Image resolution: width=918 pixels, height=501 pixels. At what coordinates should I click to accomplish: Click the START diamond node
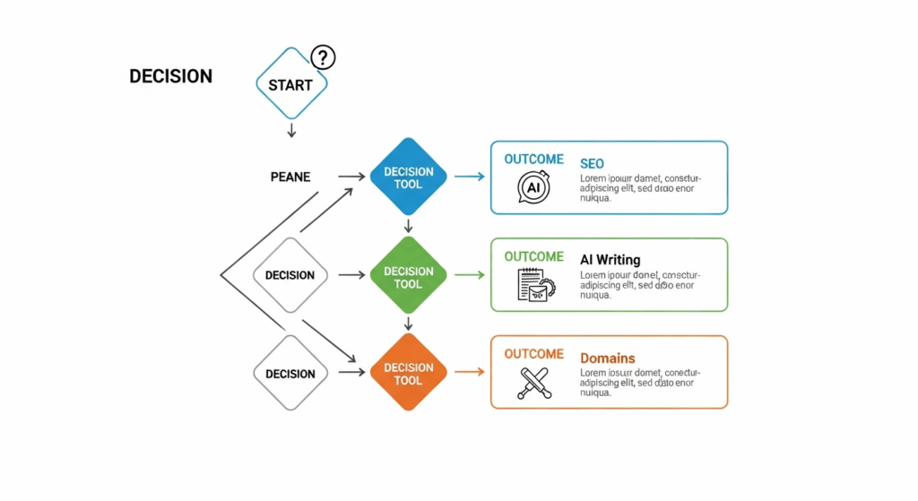(290, 84)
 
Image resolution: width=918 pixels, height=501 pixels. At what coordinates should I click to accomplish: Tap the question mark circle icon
(323, 58)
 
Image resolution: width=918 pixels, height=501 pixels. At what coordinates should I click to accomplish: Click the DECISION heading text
(170, 77)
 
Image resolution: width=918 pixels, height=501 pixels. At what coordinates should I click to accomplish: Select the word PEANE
(290, 177)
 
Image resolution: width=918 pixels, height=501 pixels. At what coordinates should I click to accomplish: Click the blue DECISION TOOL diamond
(408, 177)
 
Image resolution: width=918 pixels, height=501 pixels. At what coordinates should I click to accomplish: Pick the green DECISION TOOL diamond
(408, 277)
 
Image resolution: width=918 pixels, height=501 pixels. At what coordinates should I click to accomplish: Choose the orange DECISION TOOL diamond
(408, 374)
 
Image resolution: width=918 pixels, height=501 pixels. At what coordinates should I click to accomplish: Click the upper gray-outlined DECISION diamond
(290, 275)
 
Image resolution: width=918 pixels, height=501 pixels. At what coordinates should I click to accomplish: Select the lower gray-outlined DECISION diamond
(290, 374)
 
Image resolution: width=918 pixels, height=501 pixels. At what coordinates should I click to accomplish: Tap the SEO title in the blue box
(592, 164)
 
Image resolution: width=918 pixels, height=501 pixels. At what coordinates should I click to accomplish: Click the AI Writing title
(610, 260)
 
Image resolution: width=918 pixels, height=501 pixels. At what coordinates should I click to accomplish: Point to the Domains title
(607, 358)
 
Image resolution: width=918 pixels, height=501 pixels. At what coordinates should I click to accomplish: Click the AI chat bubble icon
(533, 187)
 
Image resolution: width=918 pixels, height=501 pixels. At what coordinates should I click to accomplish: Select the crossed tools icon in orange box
(533, 382)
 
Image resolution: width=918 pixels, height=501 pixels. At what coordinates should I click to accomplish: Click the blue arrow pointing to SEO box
(469, 177)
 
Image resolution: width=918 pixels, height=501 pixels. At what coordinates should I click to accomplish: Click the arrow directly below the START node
(290, 131)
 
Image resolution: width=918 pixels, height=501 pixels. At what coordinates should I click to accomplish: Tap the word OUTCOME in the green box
(533, 256)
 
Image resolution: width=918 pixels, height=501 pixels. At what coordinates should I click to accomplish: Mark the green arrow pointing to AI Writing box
(469, 276)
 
